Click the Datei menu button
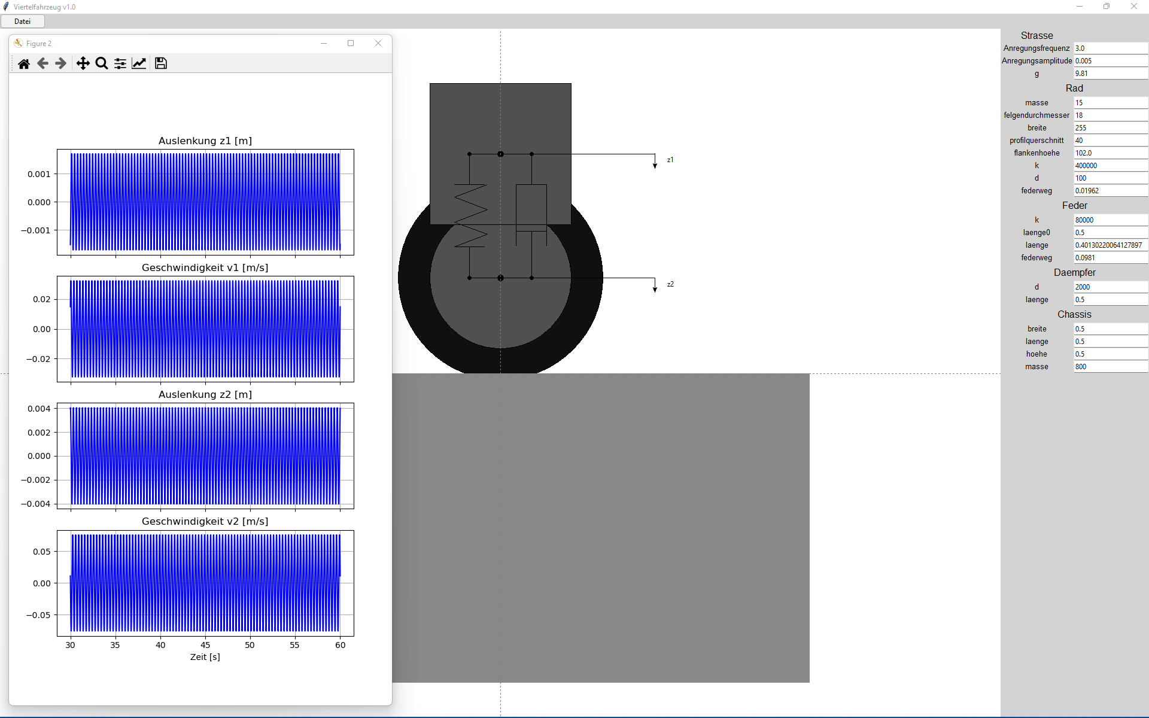pyautogui.click(x=23, y=22)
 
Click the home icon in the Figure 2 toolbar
pyautogui.click(x=24, y=63)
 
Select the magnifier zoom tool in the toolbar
pyautogui.click(x=102, y=63)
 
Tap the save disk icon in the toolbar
pyautogui.click(x=161, y=63)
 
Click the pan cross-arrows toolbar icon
pyautogui.click(x=83, y=63)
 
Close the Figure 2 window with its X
pyautogui.click(x=378, y=43)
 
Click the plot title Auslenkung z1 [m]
pyautogui.click(x=205, y=141)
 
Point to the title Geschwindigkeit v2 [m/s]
pyautogui.click(x=205, y=522)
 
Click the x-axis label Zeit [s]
pyautogui.click(x=205, y=657)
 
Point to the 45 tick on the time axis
pyautogui.click(x=205, y=645)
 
